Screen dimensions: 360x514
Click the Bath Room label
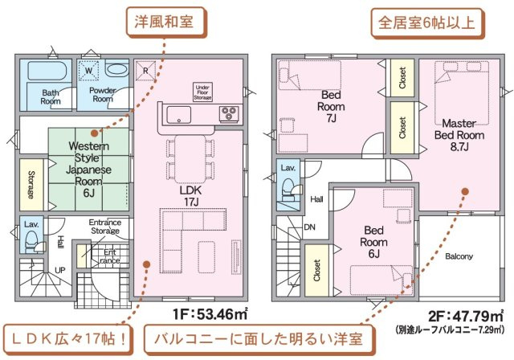coord(51,97)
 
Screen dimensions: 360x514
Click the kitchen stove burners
coord(230,113)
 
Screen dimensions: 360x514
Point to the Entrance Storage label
coord(104,227)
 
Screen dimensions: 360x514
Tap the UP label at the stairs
coord(60,270)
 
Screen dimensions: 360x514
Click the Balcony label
coord(459,257)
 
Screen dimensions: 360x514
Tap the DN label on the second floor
coord(309,227)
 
